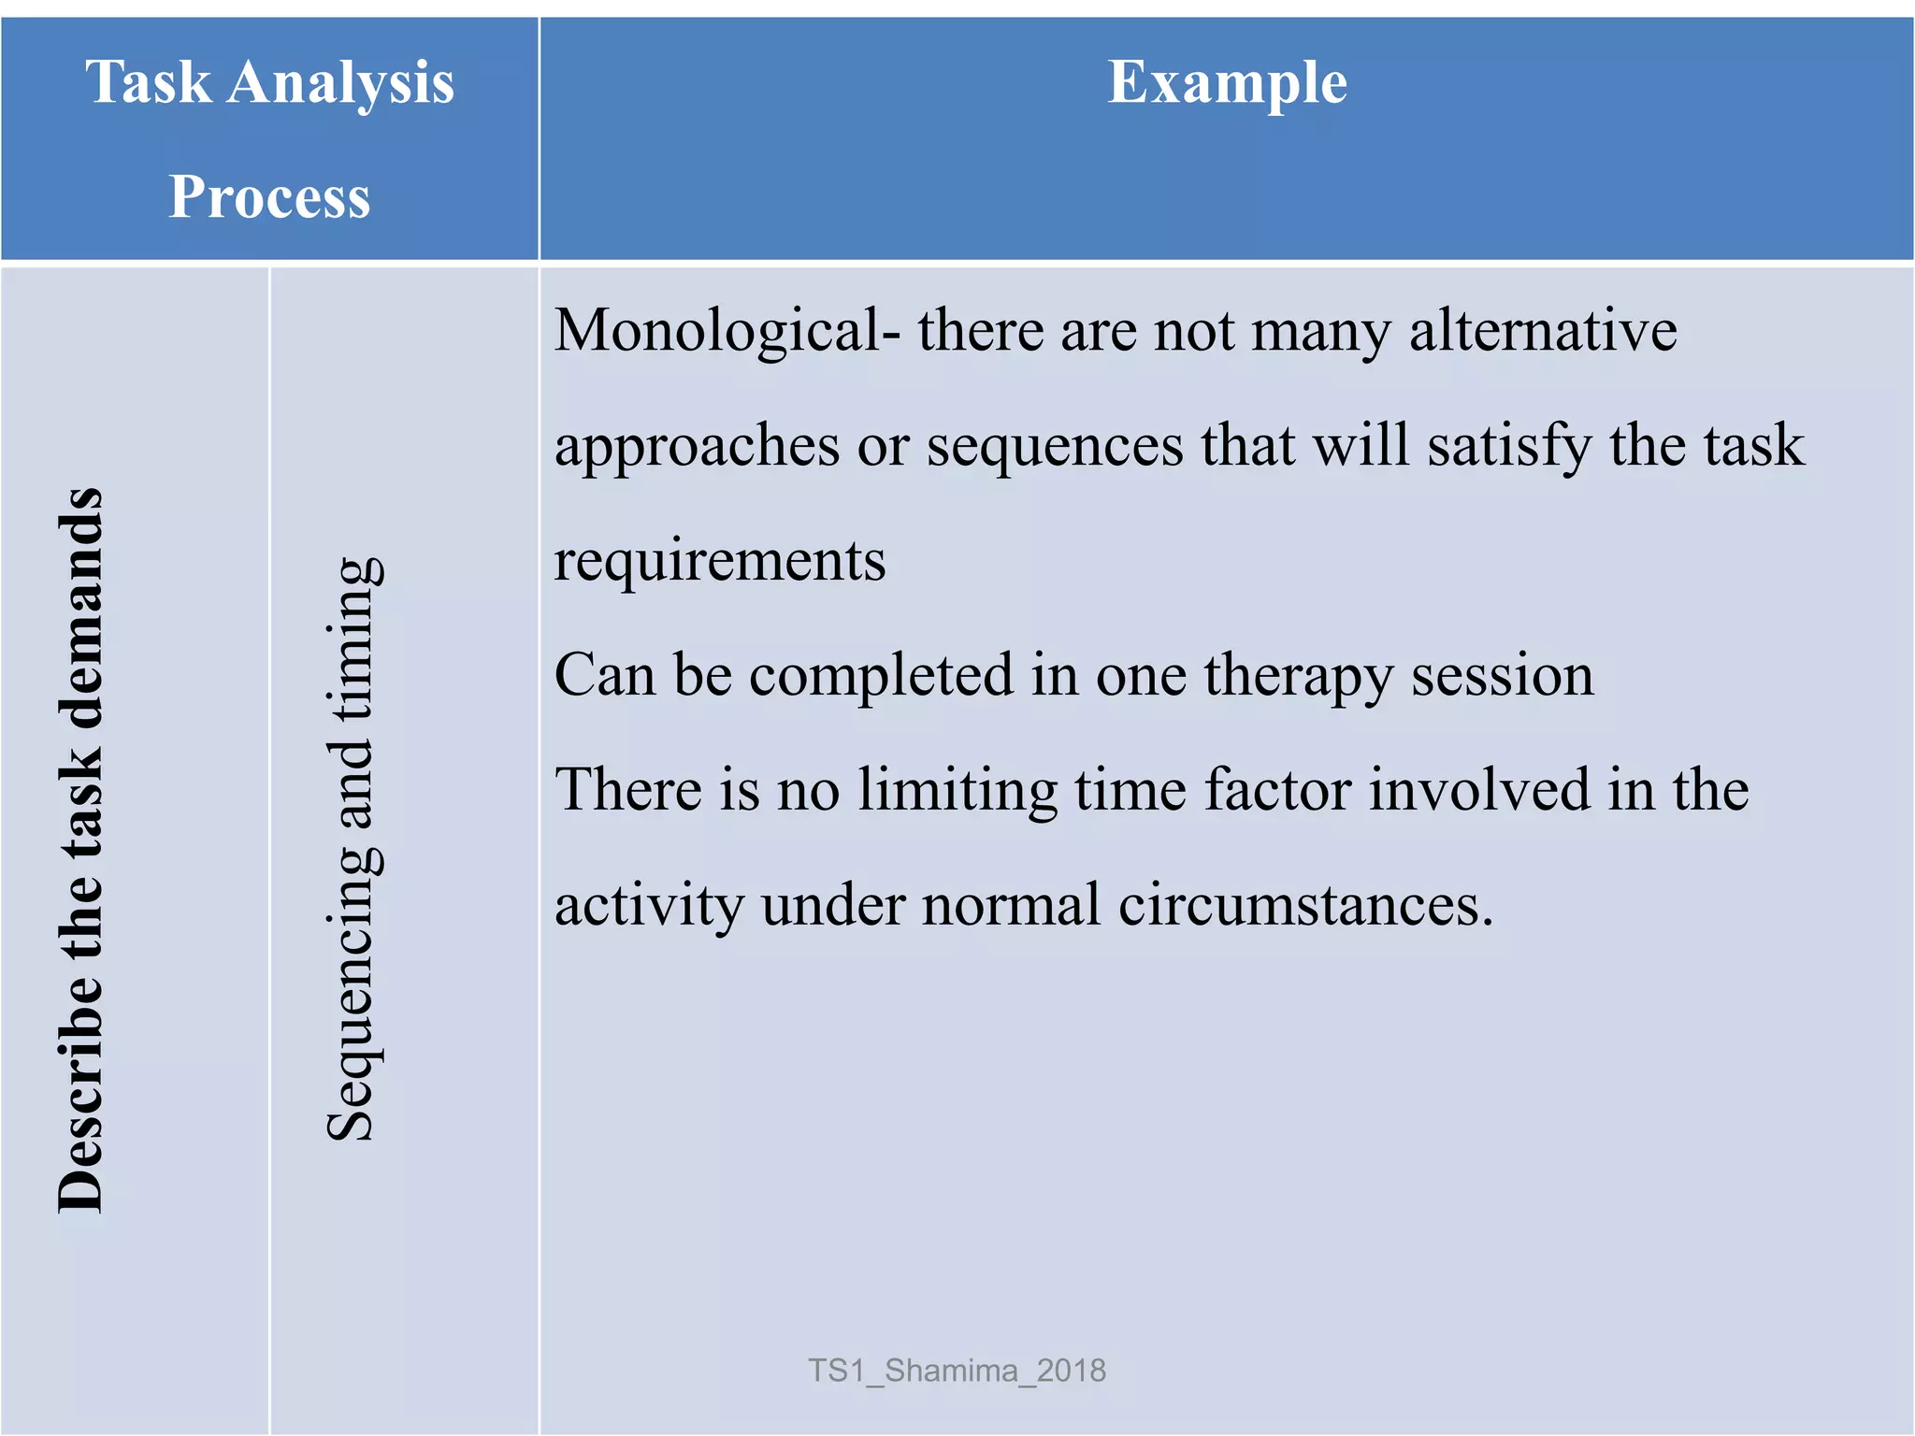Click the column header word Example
(x=1227, y=84)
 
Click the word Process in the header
(x=269, y=197)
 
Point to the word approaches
(x=697, y=447)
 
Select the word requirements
(x=719, y=562)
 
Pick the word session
(x=1502, y=675)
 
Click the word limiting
(x=957, y=791)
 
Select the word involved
(x=1479, y=789)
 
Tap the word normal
(x=1011, y=905)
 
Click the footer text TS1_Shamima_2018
(x=957, y=1371)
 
